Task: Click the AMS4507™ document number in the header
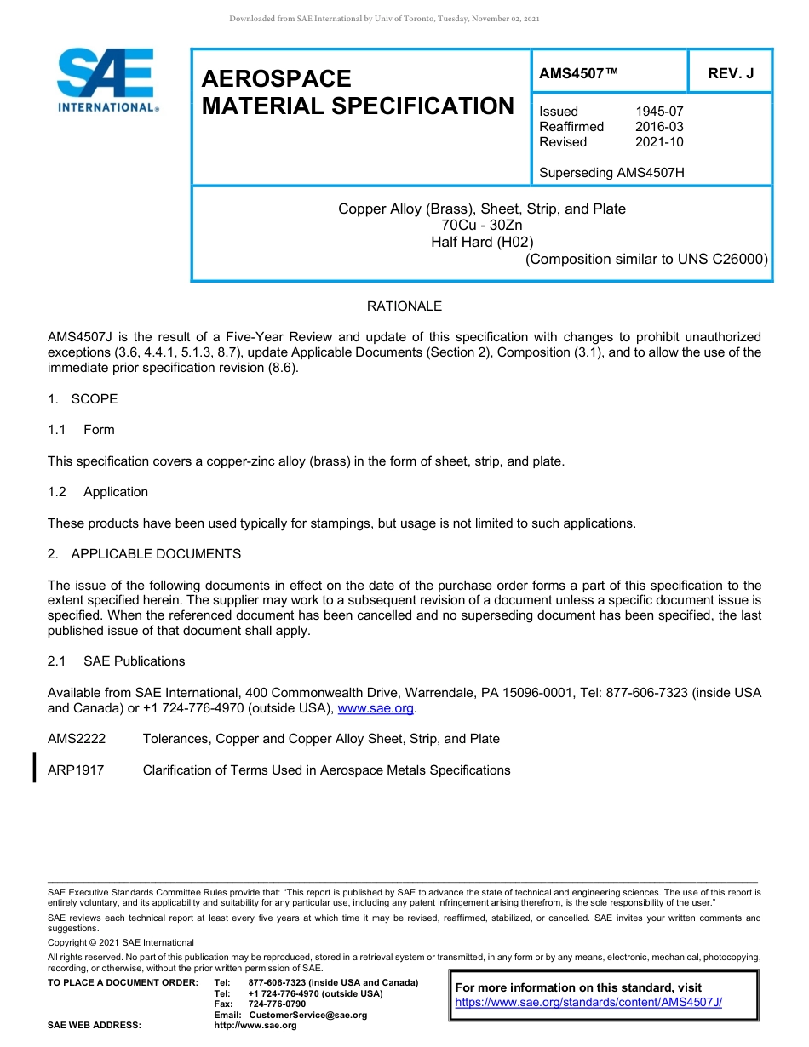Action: tap(578, 74)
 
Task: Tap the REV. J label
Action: tap(731, 74)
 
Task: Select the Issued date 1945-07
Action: tap(659, 112)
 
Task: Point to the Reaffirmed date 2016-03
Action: tap(659, 127)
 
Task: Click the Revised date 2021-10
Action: tap(659, 142)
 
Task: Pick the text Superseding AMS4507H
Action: tap(611, 173)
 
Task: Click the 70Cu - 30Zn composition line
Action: tap(482, 226)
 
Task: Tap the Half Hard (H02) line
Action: tap(482, 242)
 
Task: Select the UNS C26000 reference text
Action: tap(723, 259)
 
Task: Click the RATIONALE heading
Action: tap(404, 306)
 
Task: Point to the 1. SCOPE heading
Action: tap(83, 399)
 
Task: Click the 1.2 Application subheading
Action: tap(98, 492)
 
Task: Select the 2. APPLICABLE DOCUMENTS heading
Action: tap(144, 554)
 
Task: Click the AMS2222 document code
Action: tap(77, 739)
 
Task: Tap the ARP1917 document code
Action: tap(75, 770)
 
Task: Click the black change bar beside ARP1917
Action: tap(34, 767)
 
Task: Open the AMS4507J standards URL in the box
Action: tap(588, 1003)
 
